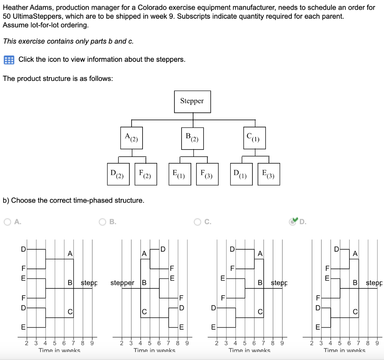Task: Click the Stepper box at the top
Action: point(192,101)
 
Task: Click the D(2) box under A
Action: point(118,174)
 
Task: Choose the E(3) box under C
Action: point(268,174)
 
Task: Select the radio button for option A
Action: point(7,222)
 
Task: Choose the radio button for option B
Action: point(103,222)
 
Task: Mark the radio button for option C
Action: point(198,222)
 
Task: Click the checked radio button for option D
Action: point(292,222)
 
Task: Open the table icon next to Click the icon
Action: point(8,60)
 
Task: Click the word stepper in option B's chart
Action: point(122,283)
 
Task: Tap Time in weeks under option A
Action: point(59,351)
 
